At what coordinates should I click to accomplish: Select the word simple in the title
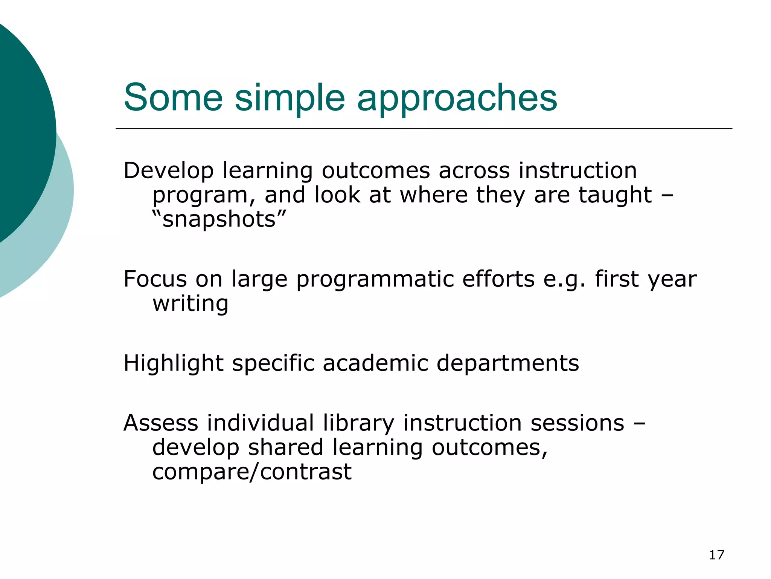click(x=290, y=99)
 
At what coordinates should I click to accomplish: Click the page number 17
click(x=716, y=555)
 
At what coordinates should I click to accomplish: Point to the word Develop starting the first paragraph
click(x=168, y=171)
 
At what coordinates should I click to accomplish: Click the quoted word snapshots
click(x=219, y=219)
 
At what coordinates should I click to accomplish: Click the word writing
click(x=190, y=304)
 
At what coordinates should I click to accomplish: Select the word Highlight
click(x=174, y=364)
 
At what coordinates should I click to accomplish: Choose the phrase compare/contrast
click(x=252, y=472)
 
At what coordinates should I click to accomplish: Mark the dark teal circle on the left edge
click(x=23, y=124)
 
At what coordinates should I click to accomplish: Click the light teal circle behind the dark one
click(x=56, y=226)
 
